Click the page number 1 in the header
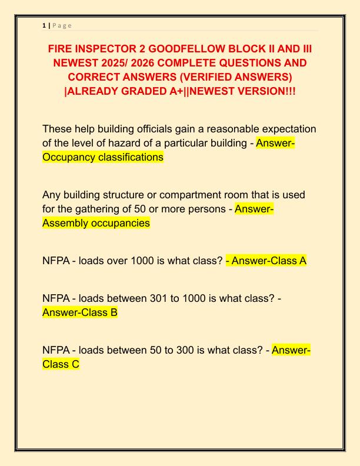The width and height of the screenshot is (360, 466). pyautogui.click(x=44, y=25)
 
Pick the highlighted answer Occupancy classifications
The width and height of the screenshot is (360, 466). pyautogui.click(x=103, y=157)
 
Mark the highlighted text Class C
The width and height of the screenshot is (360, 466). pyautogui.click(x=61, y=364)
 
